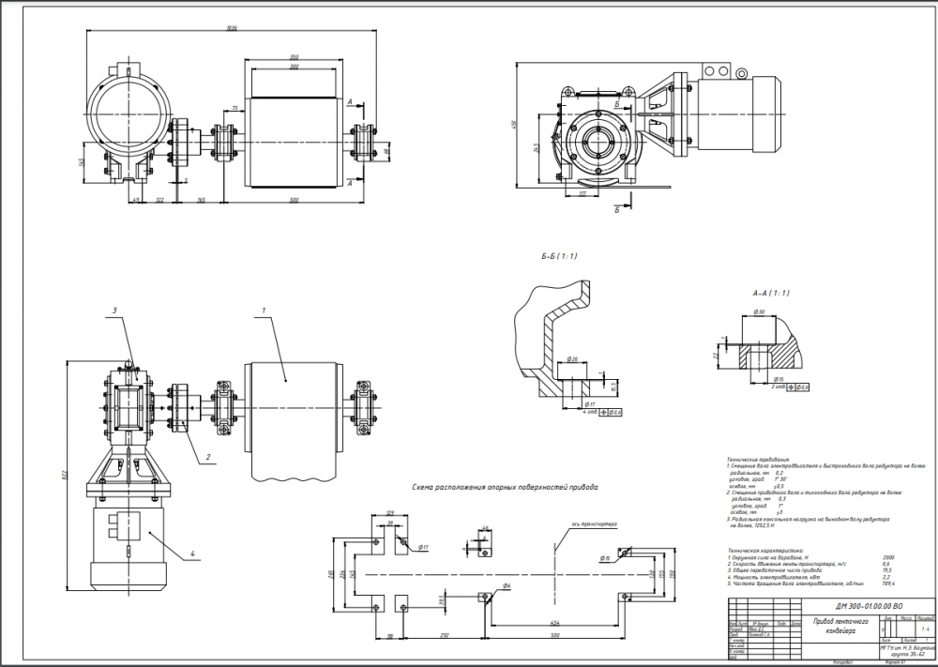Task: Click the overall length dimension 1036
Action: (x=231, y=28)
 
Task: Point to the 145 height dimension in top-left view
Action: (x=82, y=162)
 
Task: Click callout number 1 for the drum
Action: (x=265, y=310)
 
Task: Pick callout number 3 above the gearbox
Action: (x=113, y=309)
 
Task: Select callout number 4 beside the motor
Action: (x=193, y=554)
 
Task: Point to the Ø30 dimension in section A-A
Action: (x=760, y=311)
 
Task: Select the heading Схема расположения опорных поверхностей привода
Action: (x=505, y=488)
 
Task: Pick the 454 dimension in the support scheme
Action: (x=556, y=622)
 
